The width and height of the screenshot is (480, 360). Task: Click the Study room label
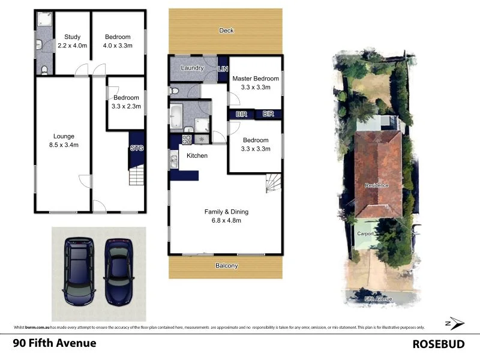tap(72, 41)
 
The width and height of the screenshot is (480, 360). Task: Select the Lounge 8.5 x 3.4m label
tap(63, 140)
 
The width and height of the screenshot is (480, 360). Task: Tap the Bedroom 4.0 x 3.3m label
tap(118, 41)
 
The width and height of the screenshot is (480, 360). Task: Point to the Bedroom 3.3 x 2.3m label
tap(126, 102)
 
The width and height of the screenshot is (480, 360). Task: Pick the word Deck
tap(226, 31)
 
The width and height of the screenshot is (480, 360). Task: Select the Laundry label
tap(193, 68)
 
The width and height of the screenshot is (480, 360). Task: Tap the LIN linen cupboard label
tap(223, 70)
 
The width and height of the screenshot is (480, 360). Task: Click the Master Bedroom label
tap(256, 83)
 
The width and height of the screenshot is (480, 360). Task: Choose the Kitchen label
tap(197, 156)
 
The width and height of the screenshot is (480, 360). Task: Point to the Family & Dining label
tap(226, 215)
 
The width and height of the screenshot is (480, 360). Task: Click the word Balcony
tap(226, 266)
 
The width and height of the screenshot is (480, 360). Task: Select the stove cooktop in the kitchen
tap(186, 139)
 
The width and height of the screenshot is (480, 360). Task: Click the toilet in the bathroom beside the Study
tap(43, 70)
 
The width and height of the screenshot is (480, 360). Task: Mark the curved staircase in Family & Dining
tap(274, 182)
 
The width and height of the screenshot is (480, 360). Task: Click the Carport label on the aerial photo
tap(365, 233)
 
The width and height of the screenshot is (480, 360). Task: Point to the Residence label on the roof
tap(377, 185)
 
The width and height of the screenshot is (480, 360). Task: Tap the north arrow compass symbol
tap(455, 323)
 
